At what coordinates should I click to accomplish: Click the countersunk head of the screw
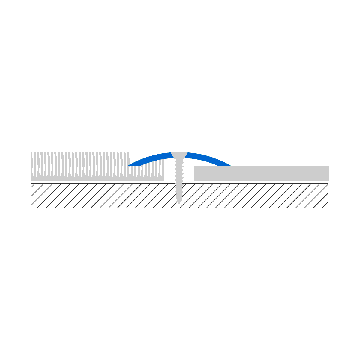179,155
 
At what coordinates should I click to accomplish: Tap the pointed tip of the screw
179,204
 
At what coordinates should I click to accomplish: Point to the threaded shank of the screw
179,180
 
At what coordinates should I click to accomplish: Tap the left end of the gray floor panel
195,173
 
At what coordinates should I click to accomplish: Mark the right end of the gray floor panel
328,173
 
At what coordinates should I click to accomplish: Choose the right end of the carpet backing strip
163,178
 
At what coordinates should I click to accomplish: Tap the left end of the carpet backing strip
32,178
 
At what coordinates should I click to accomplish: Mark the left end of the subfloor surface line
31,183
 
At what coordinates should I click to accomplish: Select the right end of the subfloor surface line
327,183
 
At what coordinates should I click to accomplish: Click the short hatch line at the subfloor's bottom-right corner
325,205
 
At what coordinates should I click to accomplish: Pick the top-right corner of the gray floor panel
328,166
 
